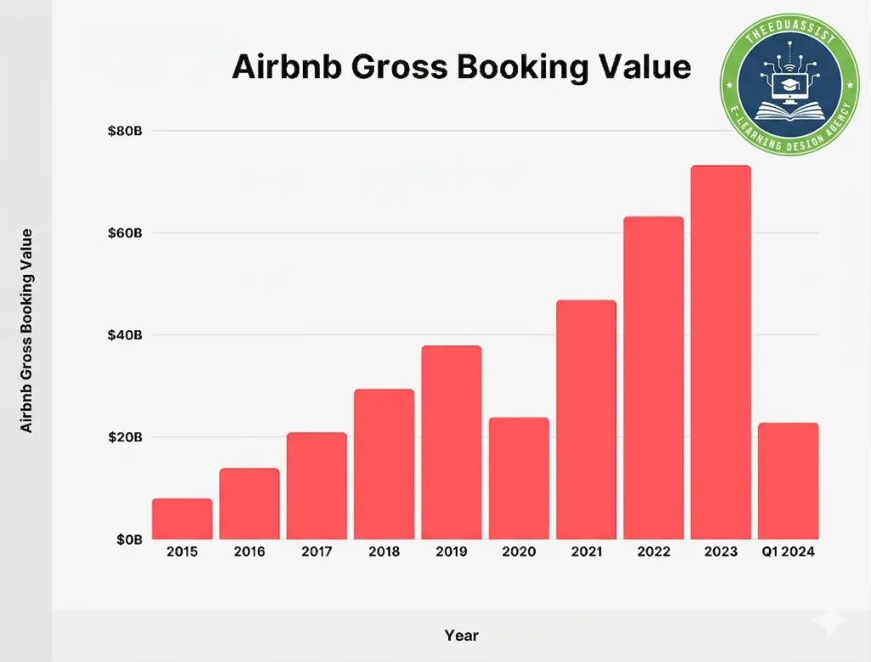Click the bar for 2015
[182, 519]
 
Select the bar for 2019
[452, 442]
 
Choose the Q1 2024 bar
[788, 481]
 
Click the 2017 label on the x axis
[316, 552]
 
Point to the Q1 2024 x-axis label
[788, 552]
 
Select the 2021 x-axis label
[586, 552]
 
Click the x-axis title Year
[461, 636]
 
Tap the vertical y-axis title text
[27, 330]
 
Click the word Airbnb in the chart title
[277, 66]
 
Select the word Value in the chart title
[640, 66]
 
